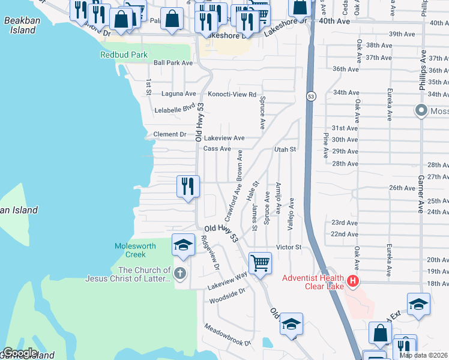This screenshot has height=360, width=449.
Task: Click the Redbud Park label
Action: pyautogui.click(x=124, y=55)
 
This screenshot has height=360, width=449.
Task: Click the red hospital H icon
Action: pyautogui.click(x=353, y=280)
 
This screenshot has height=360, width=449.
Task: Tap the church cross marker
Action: pyautogui.click(x=179, y=274)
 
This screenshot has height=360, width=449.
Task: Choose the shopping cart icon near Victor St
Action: pyautogui.click(x=260, y=263)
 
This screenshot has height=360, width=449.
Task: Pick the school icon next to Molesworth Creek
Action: pyautogui.click(x=183, y=245)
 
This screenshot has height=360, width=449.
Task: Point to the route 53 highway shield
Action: pyautogui.click(x=310, y=95)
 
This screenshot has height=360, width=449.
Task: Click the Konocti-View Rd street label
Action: pyautogui.click(x=232, y=94)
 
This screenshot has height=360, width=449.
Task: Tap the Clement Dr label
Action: pyautogui.click(x=170, y=134)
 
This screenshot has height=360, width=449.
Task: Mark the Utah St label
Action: pyautogui.click(x=285, y=149)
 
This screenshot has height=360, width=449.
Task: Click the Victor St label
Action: pyautogui.click(x=288, y=247)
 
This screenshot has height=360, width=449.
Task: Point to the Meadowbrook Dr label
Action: pyautogui.click(x=227, y=334)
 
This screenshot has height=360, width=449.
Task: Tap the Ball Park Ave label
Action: pyautogui.click(x=173, y=62)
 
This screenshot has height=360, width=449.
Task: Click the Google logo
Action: pyautogui.click(x=20, y=353)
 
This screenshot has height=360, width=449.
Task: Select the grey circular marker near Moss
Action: pyautogui.click(x=421, y=110)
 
